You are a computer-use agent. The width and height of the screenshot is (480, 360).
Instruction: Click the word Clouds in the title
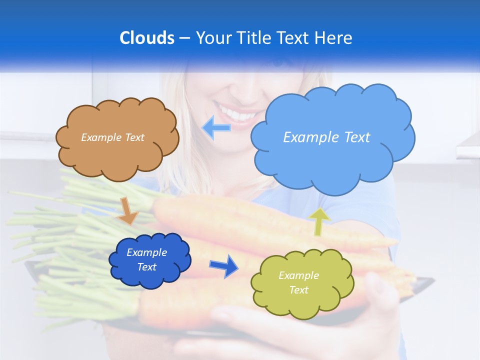coord(146,38)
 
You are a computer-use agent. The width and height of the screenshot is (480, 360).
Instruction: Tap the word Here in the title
coord(334,38)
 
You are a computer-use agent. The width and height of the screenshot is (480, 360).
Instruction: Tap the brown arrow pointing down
coord(127,210)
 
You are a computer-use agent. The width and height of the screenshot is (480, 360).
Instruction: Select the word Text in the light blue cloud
coord(354,137)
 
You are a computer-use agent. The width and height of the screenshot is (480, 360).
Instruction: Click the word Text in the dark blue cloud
coord(147,267)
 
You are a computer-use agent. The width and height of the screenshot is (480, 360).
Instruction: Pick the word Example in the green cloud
coord(298,275)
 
